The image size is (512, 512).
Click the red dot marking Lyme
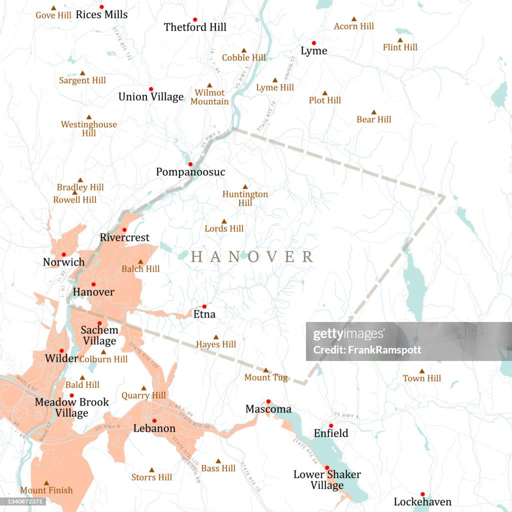pyautogui.click(x=314, y=43)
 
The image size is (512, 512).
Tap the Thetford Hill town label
pyautogui.click(x=195, y=27)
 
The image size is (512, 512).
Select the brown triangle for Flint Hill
pyautogui.click(x=400, y=40)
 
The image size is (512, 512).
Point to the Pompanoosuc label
pyautogui.click(x=190, y=172)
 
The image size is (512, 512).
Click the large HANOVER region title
pyautogui.click(x=252, y=257)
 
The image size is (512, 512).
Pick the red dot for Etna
pyautogui.click(x=204, y=306)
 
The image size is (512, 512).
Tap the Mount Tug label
pyautogui.click(x=266, y=377)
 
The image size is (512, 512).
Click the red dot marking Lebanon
pyautogui.click(x=154, y=420)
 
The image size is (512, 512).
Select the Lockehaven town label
pyautogui.click(x=422, y=501)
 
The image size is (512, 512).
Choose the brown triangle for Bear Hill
pyautogui.click(x=373, y=112)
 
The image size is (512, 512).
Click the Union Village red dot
pyautogui.click(x=151, y=89)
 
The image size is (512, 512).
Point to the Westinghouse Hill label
pyautogui.click(x=89, y=128)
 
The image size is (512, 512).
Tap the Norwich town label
pyautogui.click(x=63, y=262)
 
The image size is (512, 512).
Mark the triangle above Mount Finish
pyautogui.click(x=46, y=483)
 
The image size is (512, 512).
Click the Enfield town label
pyautogui.click(x=330, y=433)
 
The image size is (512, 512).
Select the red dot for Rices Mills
pyautogui.click(x=101, y=7)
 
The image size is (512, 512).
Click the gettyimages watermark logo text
pyautogui.click(x=349, y=335)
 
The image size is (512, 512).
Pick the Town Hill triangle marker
pyautogui.click(x=422, y=371)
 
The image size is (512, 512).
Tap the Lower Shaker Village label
pyautogui.click(x=327, y=479)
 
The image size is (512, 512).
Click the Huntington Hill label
pyautogui.click(x=245, y=198)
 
